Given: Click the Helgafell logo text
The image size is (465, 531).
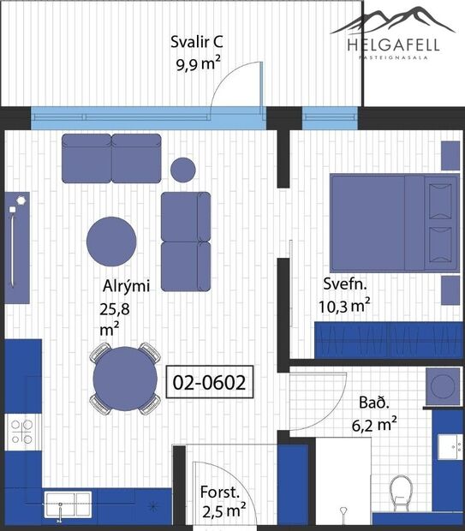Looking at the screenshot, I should point(394,45).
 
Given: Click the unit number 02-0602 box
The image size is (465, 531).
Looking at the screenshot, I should point(210,382).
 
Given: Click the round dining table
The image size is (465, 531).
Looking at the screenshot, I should point(125,378).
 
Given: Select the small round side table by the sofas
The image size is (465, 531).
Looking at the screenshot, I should point(182,170).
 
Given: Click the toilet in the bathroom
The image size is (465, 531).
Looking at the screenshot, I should point(400,493).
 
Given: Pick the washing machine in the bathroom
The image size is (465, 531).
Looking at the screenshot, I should point(444,387).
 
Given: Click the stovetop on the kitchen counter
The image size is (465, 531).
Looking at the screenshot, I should point(21,430).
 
